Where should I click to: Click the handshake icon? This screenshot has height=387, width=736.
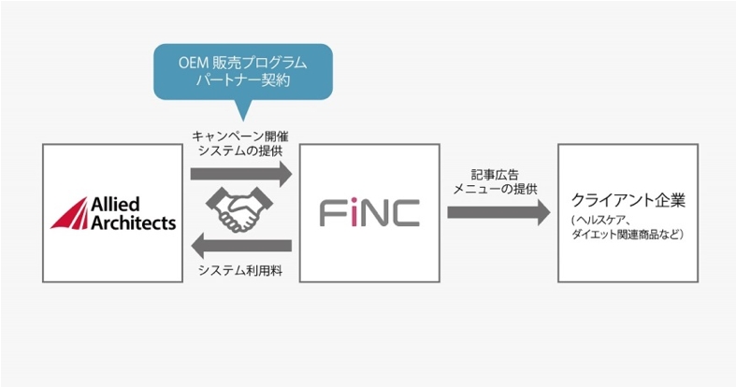pyautogui.click(x=240, y=210)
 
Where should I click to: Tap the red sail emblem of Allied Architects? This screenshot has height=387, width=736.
pyautogui.click(x=71, y=213)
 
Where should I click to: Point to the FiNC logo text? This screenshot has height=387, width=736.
pyautogui.click(x=368, y=213)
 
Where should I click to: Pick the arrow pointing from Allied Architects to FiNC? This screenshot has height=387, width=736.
pyautogui.click(x=240, y=174)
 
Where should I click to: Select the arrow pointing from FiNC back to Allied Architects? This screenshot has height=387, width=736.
pyautogui.click(x=240, y=247)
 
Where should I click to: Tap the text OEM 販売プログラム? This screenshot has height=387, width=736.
pyautogui.click(x=243, y=63)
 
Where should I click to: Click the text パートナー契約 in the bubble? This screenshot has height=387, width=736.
pyautogui.click(x=243, y=81)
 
